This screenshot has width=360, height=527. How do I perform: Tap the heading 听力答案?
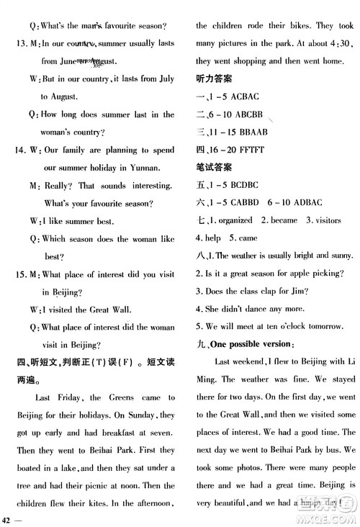coord(213,78)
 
